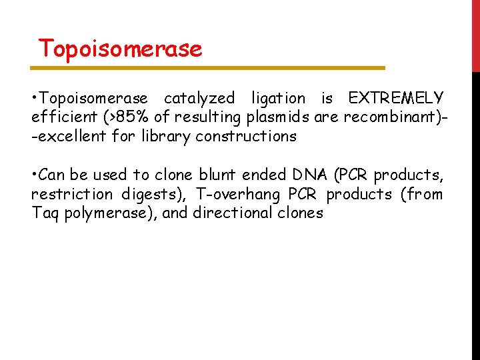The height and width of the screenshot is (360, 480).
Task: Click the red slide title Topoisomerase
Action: [x=120, y=49]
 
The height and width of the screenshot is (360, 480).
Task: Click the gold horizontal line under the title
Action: [x=208, y=68]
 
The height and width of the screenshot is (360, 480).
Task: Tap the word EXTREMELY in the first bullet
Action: [x=395, y=99]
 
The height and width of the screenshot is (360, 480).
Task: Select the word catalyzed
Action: [x=199, y=99]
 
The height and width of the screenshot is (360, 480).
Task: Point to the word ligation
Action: [x=278, y=99]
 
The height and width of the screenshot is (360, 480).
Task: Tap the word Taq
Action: [x=45, y=213]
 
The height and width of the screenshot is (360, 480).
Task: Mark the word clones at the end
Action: [x=301, y=213]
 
